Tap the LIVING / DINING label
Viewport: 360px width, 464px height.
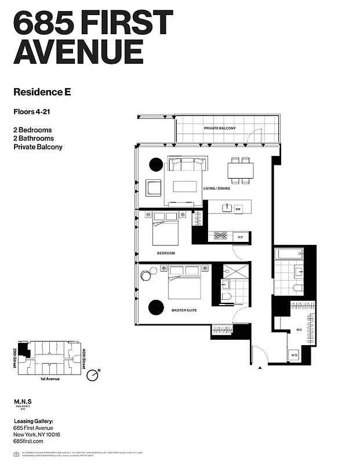(x=217, y=188)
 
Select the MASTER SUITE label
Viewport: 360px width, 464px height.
(x=184, y=310)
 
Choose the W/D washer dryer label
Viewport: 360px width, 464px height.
(x=294, y=355)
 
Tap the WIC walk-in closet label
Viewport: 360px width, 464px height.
(x=299, y=330)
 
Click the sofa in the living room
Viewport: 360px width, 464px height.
(x=185, y=164)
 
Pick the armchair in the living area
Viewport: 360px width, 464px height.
(x=154, y=188)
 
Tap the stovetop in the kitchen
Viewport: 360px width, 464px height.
(x=221, y=235)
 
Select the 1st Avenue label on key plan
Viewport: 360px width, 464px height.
(x=51, y=379)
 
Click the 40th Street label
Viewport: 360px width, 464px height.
(x=85, y=358)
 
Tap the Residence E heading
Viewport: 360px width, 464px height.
(x=42, y=91)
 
